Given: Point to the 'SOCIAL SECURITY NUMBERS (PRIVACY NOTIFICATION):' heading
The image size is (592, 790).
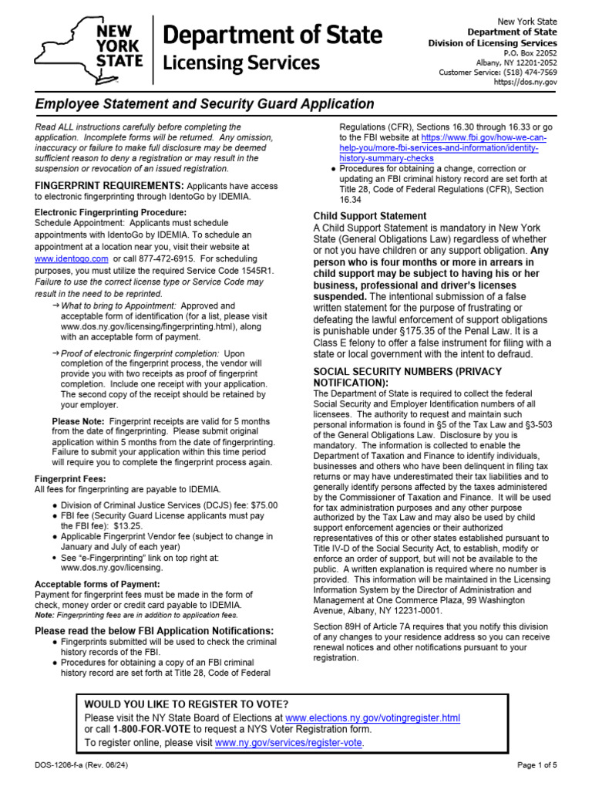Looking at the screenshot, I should pos(407,377).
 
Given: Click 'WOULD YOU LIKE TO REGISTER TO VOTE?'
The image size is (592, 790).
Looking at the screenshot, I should pos(187,704).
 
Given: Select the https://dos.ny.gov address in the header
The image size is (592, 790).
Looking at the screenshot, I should pos(536,82).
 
